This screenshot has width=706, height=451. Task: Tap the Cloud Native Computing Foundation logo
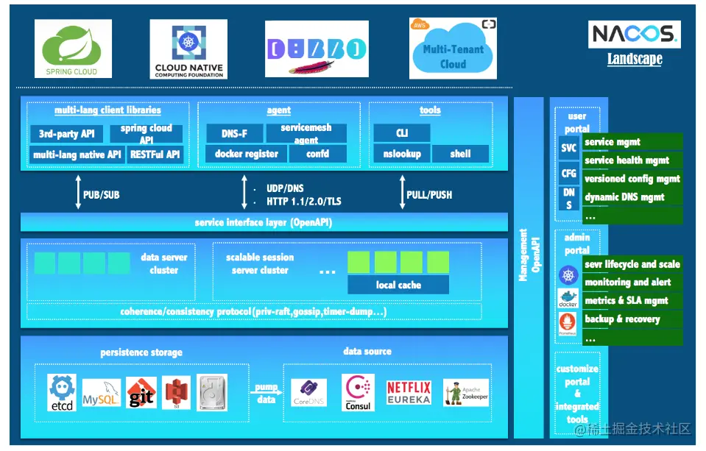pyautogui.click(x=187, y=49)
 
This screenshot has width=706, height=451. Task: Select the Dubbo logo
pyautogui.click(x=317, y=49)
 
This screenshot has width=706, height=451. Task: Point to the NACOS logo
pyautogui.click(x=633, y=35)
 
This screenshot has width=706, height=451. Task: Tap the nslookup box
pyautogui.click(x=402, y=154)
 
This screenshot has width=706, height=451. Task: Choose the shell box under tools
pyautogui.click(x=460, y=154)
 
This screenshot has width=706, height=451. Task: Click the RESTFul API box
pyautogui.click(x=154, y=155)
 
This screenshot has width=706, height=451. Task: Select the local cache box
pyautogui.click(x=398, y=285)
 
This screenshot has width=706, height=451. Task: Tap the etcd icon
pyautogui.click(x=62, y=391)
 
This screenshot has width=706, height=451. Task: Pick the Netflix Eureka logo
pyautogui.click(x=408, y=393)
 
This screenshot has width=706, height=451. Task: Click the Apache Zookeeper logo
pyautogui.click(x=465, y=393)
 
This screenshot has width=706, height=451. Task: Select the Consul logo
pyautogui.click(x=358, y=392)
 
